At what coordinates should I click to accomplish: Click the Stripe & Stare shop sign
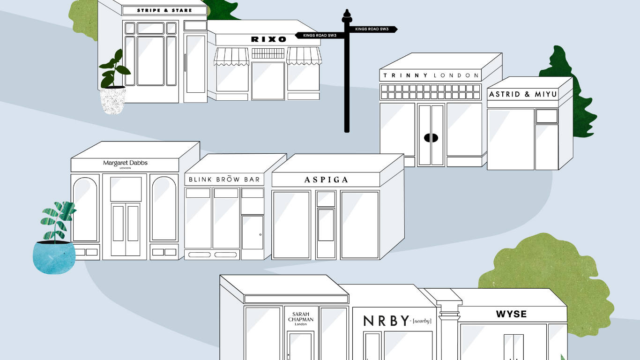click(164, 11)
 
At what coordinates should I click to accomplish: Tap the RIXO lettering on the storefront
click(268, 39)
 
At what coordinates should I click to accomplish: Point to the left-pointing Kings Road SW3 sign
click(320, 36)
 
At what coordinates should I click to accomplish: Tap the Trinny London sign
click(431, 75)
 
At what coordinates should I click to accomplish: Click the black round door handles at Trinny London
click(431, 138)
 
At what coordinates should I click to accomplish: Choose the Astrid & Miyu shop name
click(523, 94)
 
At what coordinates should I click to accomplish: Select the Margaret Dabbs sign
click(125, 164)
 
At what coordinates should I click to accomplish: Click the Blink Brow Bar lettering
click(224, 179)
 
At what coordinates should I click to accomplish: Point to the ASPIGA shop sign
click(326, 180)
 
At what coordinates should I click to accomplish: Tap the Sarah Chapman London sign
click(301, 319)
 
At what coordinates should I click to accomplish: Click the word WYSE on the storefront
click(511, 314)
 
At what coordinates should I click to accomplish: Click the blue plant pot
click(54, 257)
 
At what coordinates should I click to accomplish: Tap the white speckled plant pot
click(113, 100)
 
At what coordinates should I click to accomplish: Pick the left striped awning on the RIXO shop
click(231, 57)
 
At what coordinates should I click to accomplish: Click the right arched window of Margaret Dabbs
click(164, 209)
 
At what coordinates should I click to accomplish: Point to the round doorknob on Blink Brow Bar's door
click(260, 235)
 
